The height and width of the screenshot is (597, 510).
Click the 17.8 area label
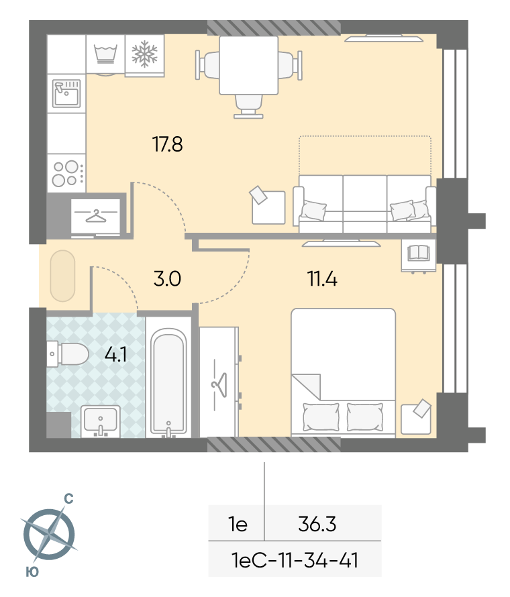click(x=167, y=144)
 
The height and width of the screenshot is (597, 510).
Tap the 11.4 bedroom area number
click(x=322, y=278)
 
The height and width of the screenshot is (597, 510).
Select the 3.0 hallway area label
click(x=167, y=278)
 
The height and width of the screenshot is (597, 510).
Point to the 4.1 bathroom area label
click(x=116, y=355)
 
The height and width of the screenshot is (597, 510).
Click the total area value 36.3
click(x=317, y=524)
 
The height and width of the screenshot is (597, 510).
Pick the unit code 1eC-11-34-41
click(x=295, y=561)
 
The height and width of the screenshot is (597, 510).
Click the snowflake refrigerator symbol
click(x=144, y=54)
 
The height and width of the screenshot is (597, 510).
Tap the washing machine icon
click(x=105, y=54)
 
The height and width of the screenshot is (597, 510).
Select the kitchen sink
click(x=66, y=93)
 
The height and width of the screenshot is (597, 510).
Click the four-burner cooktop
click(x=66, y=173)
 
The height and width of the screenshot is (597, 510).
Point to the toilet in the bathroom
click(x=68, y=354)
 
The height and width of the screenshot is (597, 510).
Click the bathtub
click(x=168, y=382)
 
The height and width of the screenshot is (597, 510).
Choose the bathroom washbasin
click(x=100, y=421)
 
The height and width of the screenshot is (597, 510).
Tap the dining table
click(x=248, y=65)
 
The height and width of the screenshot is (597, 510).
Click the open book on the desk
click(x=419, y=252)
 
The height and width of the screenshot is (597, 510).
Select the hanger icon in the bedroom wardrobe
click(x=219, y=385)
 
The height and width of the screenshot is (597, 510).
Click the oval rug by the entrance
click(x=63, y=276)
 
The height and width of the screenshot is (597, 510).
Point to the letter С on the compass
click(x=68, y=498)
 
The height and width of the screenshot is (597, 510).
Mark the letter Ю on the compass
click(x=32, y=572)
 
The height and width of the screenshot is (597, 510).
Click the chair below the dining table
click(x=248, y=106)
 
